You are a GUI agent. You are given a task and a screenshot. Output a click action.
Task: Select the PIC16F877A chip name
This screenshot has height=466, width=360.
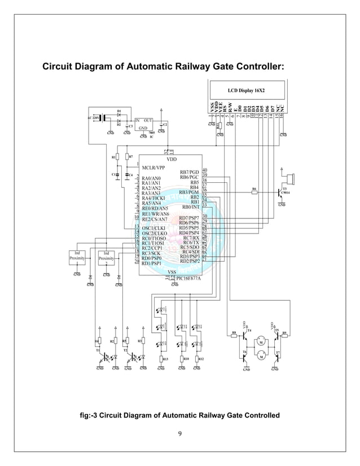[188, 278]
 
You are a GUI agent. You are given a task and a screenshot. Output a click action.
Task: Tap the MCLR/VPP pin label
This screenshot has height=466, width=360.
[153, 168]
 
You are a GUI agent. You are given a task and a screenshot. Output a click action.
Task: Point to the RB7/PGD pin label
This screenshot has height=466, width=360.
[189, 172]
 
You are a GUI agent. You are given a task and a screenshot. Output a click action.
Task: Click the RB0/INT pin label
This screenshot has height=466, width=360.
[190, 207]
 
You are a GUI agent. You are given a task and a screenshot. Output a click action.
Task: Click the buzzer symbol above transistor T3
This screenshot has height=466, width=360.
[290, 179]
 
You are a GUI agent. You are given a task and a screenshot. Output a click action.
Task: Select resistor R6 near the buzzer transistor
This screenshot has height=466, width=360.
[254, 192]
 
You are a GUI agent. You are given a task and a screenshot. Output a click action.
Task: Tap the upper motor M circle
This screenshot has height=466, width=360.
[261, 341]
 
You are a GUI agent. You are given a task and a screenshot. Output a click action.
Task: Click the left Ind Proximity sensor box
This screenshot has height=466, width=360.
[77, 256]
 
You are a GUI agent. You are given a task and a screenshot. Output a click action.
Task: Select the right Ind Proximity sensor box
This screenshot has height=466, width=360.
[106, 256]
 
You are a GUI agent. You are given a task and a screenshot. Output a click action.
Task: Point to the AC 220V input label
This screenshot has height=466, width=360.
[93, 117]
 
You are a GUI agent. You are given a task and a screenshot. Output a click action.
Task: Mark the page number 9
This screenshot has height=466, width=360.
[179, 433]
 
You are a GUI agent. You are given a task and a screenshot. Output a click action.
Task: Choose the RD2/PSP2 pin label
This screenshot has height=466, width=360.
[190, 261]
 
